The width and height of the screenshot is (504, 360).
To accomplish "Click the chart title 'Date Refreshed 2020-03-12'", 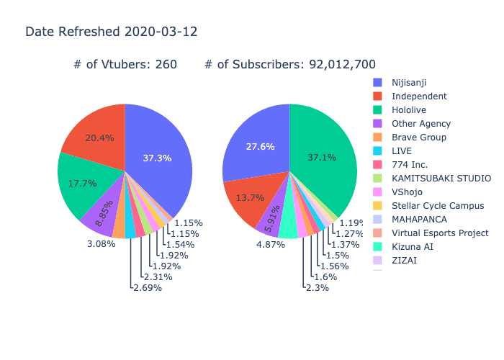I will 111,32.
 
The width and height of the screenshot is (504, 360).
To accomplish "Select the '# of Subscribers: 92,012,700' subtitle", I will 289,65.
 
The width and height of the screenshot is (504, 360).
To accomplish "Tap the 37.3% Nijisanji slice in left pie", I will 157,158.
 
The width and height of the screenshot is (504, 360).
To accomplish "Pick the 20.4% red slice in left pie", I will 99,138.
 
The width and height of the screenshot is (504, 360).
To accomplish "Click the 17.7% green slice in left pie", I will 82,183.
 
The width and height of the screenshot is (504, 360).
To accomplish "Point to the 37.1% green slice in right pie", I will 321,157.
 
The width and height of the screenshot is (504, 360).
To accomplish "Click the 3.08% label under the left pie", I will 101,245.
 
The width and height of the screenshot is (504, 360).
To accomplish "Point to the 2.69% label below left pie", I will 147,288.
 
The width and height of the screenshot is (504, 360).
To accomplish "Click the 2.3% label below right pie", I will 317,288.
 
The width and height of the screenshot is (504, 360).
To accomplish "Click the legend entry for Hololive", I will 410,109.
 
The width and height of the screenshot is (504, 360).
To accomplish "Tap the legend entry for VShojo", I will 408,192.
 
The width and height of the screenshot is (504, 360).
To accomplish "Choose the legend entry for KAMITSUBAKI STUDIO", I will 441,178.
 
